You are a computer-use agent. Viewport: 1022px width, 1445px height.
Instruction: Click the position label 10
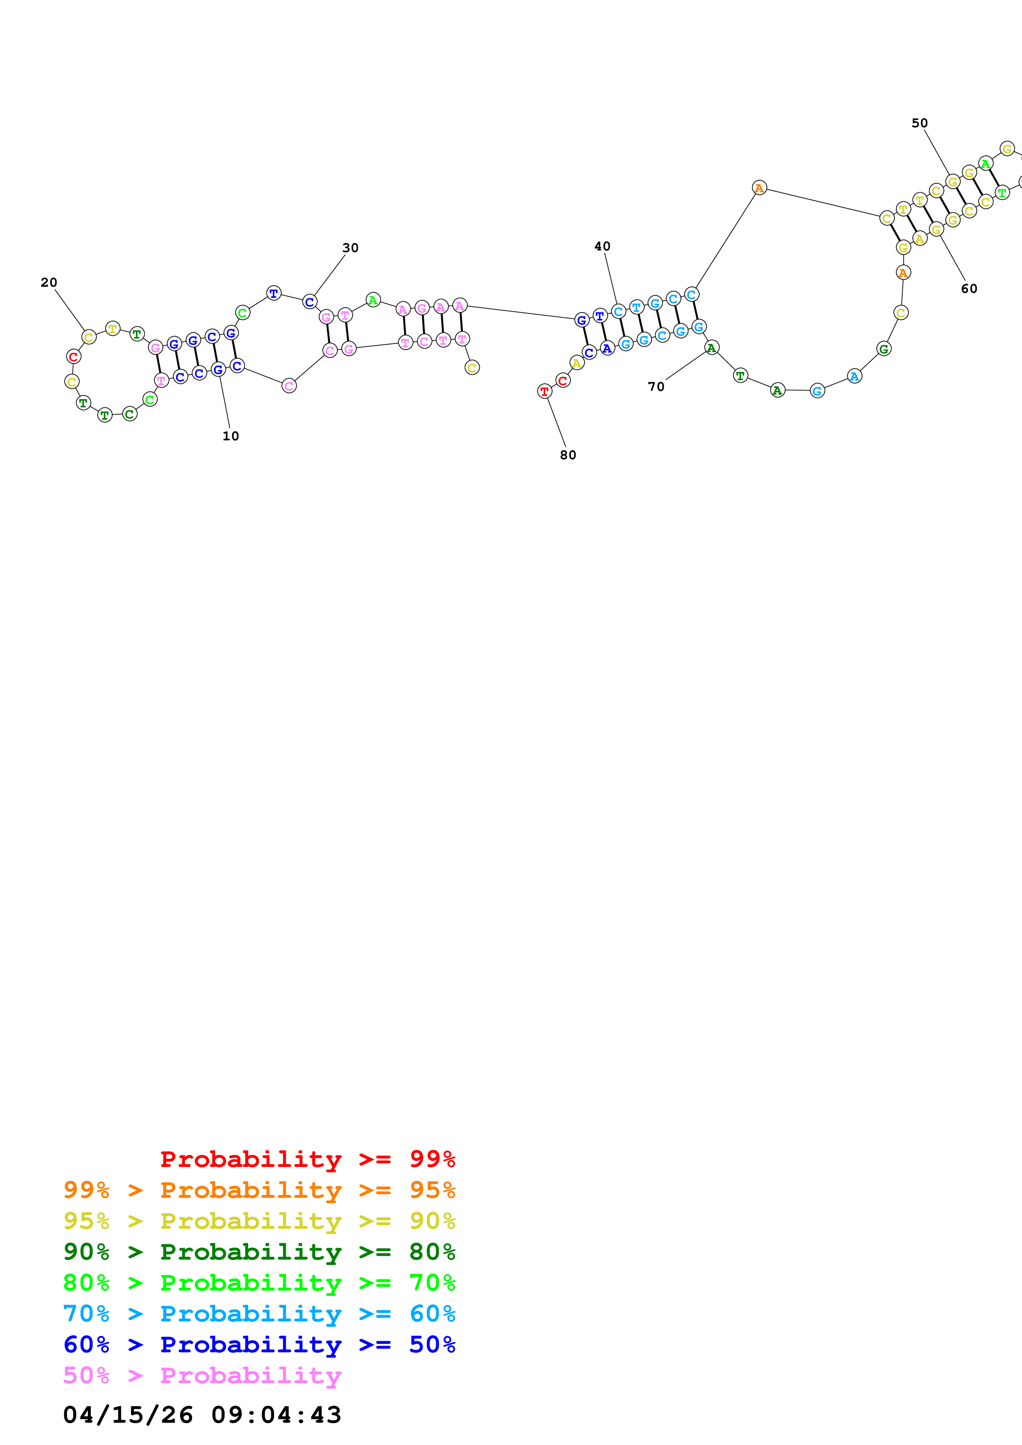tap(230, 436)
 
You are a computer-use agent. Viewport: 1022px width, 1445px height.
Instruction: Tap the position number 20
tap(49, 283)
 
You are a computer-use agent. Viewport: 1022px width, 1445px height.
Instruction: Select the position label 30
tap(350, 248)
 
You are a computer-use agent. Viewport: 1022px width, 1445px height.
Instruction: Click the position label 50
tap(919, 123)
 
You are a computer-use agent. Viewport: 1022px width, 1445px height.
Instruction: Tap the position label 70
tap(656, 386)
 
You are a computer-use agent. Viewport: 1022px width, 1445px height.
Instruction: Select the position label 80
tap(568, 455)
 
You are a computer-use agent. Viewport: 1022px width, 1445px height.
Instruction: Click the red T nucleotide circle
tap(545, 391)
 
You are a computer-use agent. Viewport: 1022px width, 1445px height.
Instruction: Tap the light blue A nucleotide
tap(854, 376)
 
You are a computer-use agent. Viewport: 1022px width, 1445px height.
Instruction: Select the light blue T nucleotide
tap(637, 307)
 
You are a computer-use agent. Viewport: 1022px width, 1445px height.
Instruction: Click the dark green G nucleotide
tap(884, 348)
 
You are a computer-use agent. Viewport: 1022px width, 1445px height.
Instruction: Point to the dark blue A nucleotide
tap(607, 348)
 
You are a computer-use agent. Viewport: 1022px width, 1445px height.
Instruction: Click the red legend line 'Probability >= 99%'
tap(307, 1159)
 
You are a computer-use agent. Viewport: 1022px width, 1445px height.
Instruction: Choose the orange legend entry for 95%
tap(259, 1190)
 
